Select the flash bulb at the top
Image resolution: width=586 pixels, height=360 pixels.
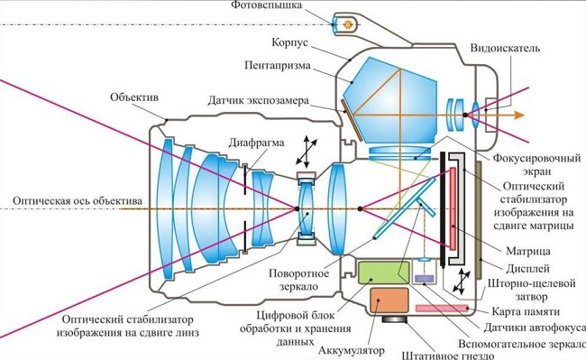[x=343, y=23]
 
